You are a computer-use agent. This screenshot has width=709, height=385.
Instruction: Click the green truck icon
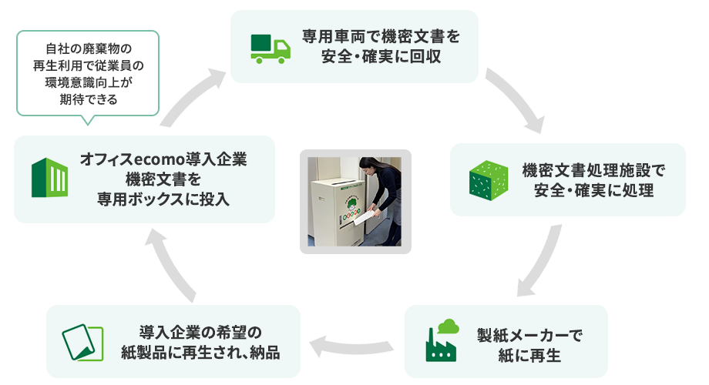[x=270, y=47]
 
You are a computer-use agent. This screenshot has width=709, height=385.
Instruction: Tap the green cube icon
[x=488, y=179]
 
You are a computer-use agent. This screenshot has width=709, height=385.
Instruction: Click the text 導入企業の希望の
[x=200, y=333]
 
